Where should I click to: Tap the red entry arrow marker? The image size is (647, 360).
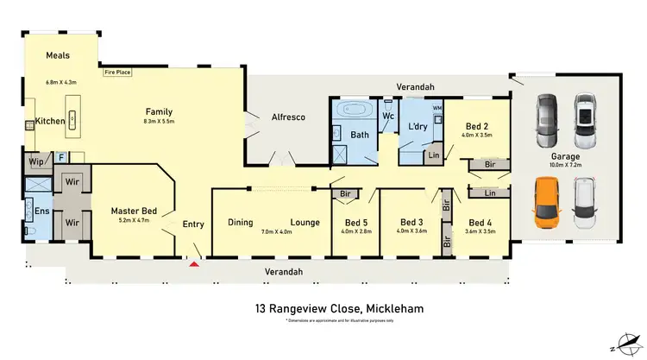(x=194, y=264)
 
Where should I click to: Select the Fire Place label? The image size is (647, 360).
(x=116, y=73)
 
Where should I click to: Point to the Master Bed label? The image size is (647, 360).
(x=134, y=211)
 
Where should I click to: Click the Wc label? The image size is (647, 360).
(x=388, y=116)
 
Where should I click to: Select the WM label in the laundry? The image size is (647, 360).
(x=437, y=108)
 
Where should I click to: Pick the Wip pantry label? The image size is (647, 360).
(x=36, y=161)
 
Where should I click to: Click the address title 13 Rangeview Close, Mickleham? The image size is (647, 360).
(x=338, y=308)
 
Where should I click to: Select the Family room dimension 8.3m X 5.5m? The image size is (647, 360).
(x=159, y=122)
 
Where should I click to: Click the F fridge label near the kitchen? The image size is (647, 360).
(x=61, y=156)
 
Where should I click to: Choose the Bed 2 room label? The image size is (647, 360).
(x=477, y=125)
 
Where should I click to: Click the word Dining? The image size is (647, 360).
(x=241, y=222)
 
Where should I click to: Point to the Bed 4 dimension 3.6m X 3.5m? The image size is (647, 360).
(x=480, y=231)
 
